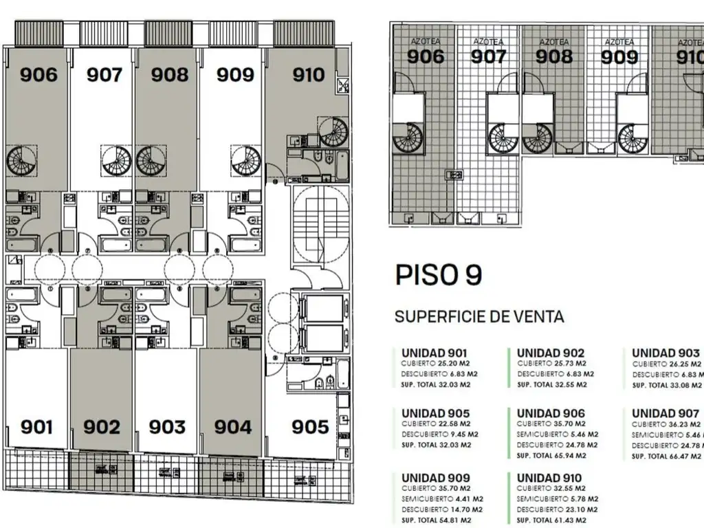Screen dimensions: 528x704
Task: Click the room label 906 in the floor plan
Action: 38,74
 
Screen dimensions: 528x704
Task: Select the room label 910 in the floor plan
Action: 308,74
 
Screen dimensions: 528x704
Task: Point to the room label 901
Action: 36,427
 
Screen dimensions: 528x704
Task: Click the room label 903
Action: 167,427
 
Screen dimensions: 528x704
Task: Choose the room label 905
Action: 310,427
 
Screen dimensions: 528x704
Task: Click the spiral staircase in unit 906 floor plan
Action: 21,161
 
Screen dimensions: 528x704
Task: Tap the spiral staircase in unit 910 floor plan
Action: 333,131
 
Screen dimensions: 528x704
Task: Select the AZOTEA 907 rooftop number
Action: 489,56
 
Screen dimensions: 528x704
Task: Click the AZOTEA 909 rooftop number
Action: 619,56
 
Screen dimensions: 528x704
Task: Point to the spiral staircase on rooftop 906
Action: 408,138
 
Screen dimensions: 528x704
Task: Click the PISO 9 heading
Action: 439,275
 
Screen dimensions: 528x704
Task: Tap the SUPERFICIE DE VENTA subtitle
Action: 479,317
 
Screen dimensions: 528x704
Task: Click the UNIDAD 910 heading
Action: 549,478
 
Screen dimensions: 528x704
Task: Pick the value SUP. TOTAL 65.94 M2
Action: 551,455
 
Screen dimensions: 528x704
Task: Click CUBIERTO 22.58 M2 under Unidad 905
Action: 436,424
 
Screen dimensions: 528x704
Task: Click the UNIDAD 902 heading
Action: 551,353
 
